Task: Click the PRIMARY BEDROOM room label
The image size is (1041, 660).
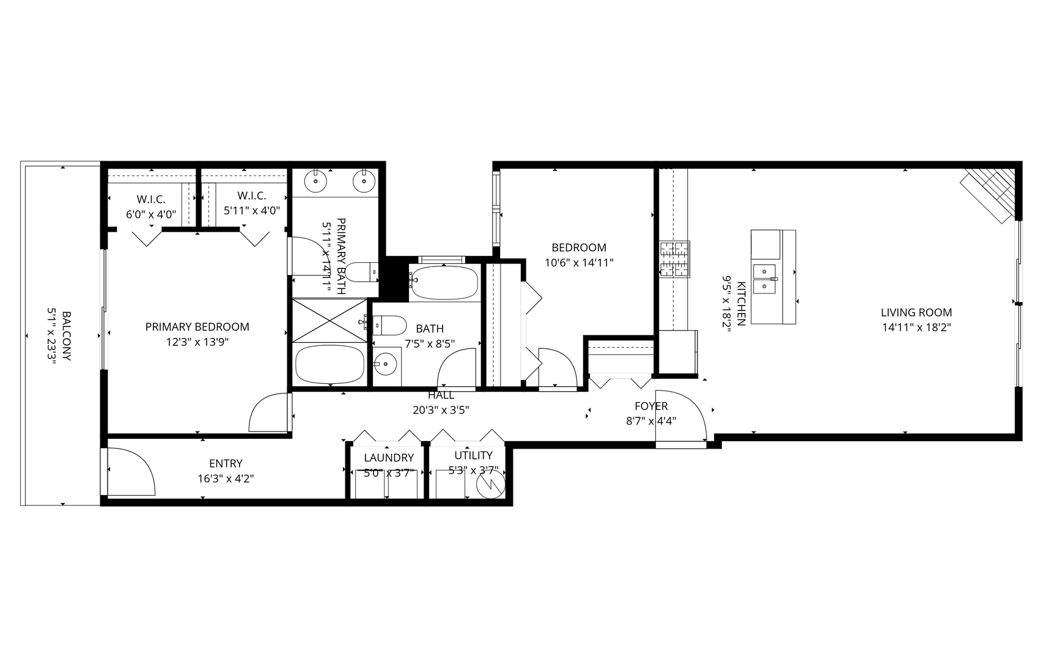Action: click(197, 327)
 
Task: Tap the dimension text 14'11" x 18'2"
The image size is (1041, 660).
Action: click(916, 328)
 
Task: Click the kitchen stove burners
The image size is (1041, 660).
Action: click(674, 260)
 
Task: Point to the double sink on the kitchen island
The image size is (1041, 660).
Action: click(764, 279)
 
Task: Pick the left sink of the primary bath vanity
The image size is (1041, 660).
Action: click(315, 181)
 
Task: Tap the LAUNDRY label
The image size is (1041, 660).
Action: click(388, 458)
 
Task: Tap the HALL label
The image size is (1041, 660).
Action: click(441, 395)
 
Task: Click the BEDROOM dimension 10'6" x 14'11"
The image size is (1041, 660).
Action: click(578, 263)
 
